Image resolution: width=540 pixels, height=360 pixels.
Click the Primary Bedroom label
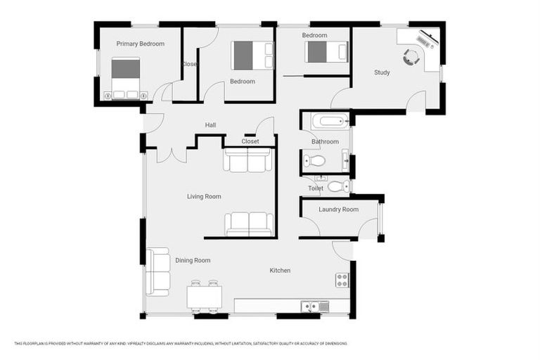click(140, 44)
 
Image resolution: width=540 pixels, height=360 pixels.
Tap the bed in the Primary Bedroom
click(126, 77)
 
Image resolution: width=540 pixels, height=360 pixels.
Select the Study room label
click(382, 72)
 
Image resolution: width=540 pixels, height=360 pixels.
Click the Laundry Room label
click(338, 210)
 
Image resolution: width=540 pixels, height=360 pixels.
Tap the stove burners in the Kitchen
click(342, 280)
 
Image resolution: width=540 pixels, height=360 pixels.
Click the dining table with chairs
click(204, 296)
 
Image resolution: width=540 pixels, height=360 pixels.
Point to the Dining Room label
click(193, 261)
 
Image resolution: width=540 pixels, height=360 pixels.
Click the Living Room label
click(204, 196)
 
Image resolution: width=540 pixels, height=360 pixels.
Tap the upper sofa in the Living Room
click(247, 160)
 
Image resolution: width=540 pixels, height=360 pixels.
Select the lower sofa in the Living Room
click(249, 224)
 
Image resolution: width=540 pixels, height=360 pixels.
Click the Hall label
click(210, 125)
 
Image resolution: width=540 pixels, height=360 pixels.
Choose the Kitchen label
click(280, 271)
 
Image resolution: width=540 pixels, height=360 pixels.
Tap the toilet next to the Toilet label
click(337, 186)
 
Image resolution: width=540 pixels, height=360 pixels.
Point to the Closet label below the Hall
click(250, 141)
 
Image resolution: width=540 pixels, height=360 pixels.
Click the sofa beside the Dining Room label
click(157, 271)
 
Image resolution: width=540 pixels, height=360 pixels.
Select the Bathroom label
click(325, 141)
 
